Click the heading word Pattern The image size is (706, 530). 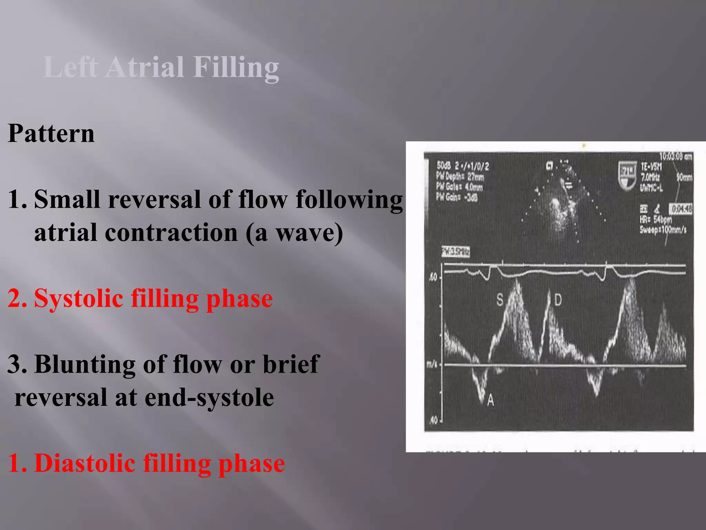coord(51,133)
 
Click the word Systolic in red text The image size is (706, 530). coord(79,298)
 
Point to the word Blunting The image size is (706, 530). coord(85,364)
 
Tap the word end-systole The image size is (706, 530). coord(209,397)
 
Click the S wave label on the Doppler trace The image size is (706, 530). coord(500,300)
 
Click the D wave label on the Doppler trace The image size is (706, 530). coord(558,300)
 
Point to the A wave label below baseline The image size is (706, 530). coord(491,401)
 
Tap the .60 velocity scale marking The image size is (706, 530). coord(433,277)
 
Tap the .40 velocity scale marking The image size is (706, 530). coord(433,420)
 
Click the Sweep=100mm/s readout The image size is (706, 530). coord(663,229)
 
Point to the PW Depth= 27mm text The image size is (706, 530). coord(460,177)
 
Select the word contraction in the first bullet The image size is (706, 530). coord(171,233)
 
